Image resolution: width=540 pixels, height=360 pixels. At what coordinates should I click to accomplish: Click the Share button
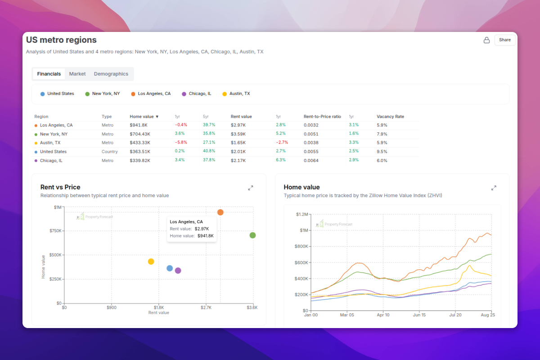pyautogui.click(x=504, y=40)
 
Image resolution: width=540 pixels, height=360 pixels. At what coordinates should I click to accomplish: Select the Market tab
pyautogui.click(x=77, y=74)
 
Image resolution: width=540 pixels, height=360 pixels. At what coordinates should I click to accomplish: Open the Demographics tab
pyautogui.click(x=111, y=74)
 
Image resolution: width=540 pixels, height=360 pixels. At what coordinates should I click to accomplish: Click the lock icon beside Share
pyautogui.click(x=486, y=40)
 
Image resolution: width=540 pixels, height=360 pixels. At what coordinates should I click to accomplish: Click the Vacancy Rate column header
pyautogui.click(x=390, y=117)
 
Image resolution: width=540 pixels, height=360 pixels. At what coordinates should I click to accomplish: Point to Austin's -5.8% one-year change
pyautogui.click(x=181, y=143)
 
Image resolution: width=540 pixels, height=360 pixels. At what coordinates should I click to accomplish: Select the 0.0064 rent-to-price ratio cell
pyautogui.click(x=311, y=161)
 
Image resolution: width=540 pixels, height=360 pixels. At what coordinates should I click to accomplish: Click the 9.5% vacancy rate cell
pyautogui.click(x=382, y=152)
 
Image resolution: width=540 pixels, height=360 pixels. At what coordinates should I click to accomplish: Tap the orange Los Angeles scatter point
pyautogui.click(x=220, y=212)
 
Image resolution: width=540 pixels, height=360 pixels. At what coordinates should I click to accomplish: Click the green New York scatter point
pyautogui.click(x=252, y=235)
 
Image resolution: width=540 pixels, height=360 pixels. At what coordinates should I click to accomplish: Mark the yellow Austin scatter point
pyautogui.click(x=151, y=261)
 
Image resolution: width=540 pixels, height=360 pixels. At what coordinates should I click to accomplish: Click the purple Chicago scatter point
pyautogui.click(x=178, y=270)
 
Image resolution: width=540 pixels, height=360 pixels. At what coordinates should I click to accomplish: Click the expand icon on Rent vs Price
pyautogui.click(x=251, y=188)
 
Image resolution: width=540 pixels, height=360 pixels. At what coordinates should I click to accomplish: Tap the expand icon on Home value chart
pyautogui.click(x=494, y=188)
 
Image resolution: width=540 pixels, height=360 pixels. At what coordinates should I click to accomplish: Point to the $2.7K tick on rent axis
pyautogui.click(x=206, y=308)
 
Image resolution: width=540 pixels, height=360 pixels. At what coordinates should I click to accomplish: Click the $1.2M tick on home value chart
pyautogui.click(x=301, y=214)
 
